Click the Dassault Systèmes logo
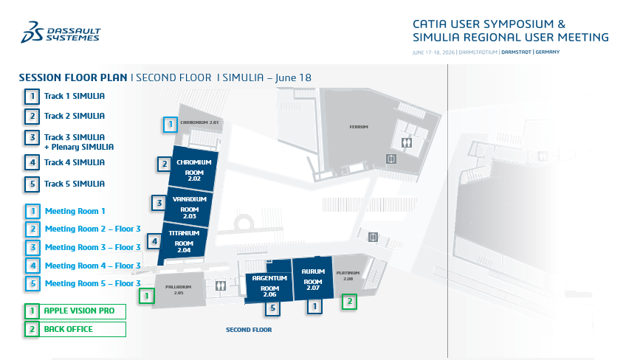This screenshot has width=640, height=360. (61, 32)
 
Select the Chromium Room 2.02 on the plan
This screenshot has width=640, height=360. (193, 169)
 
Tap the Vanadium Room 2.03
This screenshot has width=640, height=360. (188, 207)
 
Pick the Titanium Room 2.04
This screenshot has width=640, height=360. (183, 242)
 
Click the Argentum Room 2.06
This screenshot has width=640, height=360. (269, 285)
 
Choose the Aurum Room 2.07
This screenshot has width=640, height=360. (313, 279)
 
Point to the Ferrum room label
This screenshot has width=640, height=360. (359, 127)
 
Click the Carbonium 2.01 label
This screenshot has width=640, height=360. (199, 122)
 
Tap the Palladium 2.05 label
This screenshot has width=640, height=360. (179, 289)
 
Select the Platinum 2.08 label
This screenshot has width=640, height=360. (348, 276)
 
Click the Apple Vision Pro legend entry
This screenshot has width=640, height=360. (75, 311)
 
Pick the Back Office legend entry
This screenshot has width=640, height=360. (75, 330)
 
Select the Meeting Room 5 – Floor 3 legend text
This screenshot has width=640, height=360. (93, 283)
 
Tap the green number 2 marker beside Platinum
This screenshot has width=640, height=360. (349, 302)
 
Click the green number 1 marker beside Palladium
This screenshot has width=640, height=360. (147, 296)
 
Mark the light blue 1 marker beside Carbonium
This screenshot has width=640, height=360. (171, 125)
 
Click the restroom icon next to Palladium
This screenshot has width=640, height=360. (221, 285)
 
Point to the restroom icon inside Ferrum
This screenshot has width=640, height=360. (407, 142)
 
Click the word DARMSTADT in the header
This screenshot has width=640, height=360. (516, 52)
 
